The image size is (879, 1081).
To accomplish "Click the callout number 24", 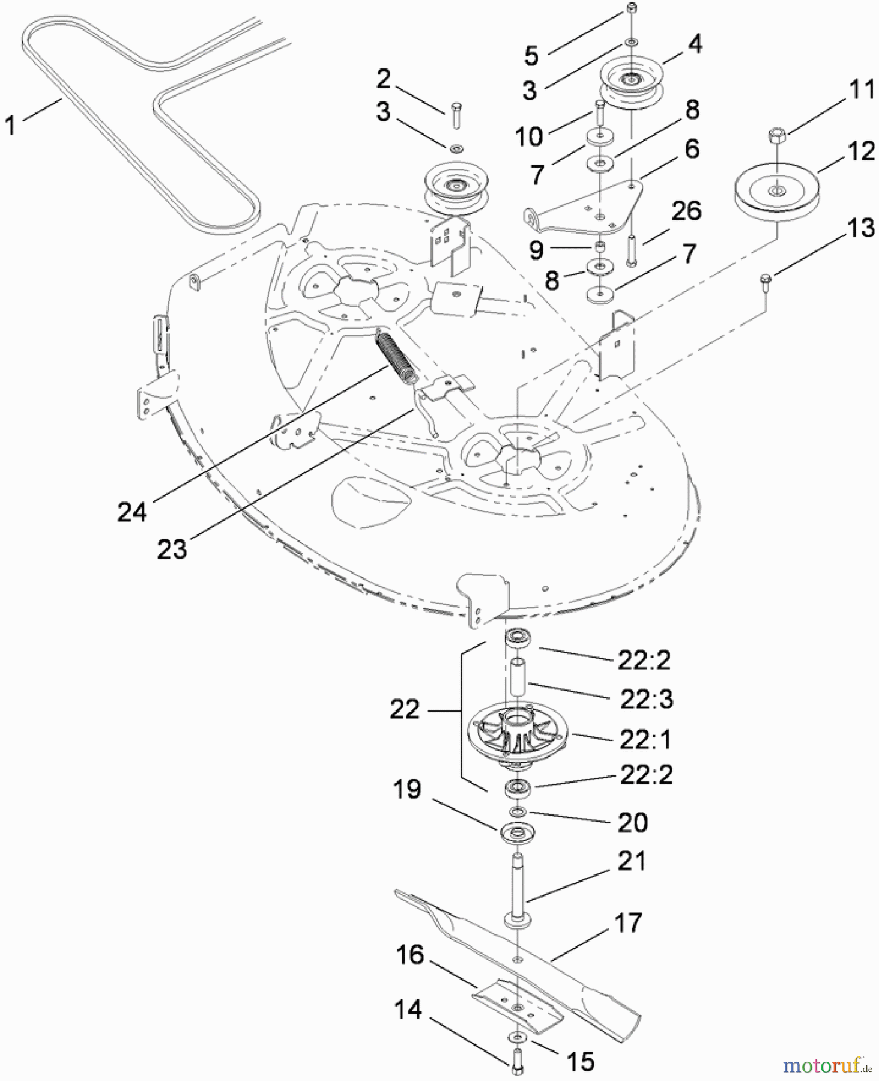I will pyautogui.click(x=132, y=512).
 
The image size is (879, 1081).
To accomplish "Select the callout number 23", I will pyautogui.click(x=172, y=548).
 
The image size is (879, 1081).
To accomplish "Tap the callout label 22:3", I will pyautogui.click(x=647, y=699).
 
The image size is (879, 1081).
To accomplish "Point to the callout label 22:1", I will pyautogui.click(x=646, y=739).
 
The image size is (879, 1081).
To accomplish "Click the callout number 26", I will pyautogui.click(x=686, y=211).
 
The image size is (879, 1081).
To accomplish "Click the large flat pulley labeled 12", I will pyautogui.click(x=777, y=190).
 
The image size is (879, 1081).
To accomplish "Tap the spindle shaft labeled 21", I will pyautogui.click(x=516, y=889).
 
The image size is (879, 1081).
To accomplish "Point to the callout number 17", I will pyautogui.click(x=627, y=923).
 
